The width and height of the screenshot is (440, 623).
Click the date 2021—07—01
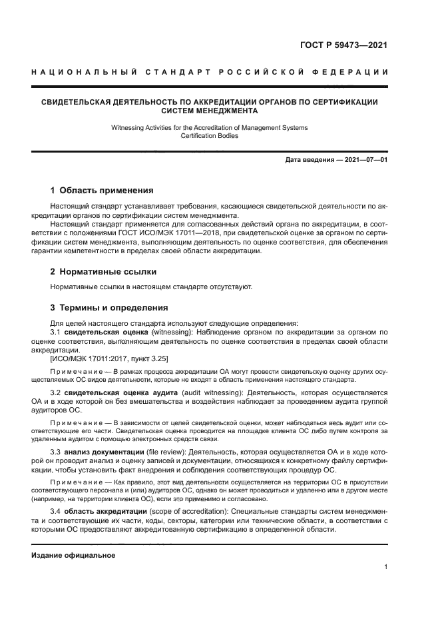[x=364, y=160]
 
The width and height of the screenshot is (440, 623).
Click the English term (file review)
[x=163, y=453]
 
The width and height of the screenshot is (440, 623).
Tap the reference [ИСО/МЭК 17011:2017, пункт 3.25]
[x=109, y=358]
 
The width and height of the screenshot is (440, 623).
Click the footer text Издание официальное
[x=73, y=554]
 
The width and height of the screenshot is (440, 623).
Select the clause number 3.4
[x=56, y=511]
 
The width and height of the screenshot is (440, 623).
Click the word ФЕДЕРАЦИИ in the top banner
[x=351, y=71]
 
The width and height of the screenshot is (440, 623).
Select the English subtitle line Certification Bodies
[x=209, y=135]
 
